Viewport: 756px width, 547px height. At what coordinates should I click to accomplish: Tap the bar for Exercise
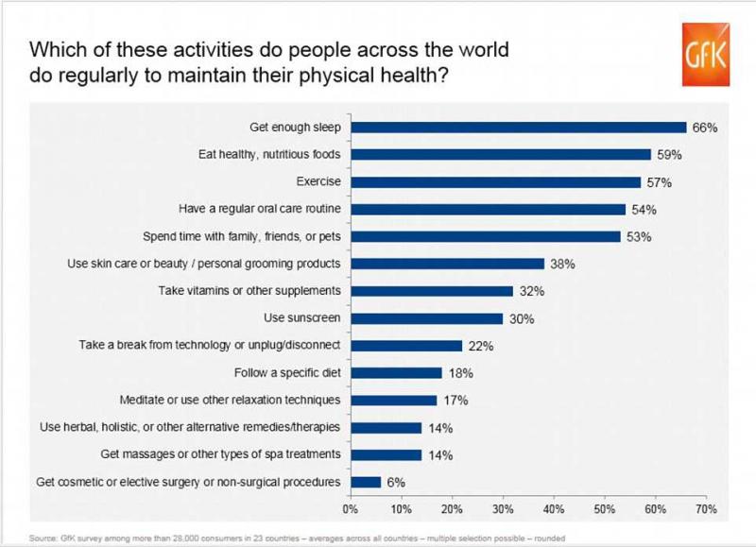[495, 181]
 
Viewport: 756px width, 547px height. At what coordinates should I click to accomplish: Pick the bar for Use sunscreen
[426, 318]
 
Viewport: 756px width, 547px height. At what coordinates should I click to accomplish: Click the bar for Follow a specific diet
[396, 373]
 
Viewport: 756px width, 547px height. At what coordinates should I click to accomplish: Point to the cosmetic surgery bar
[366, 482]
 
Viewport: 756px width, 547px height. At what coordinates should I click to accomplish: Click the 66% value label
[702, 128]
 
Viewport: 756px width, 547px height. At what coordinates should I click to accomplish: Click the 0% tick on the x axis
[350, 509]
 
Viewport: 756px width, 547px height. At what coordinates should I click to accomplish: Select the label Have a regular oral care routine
[260, 209]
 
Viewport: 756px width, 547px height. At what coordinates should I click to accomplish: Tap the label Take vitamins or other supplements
[249, 291]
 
